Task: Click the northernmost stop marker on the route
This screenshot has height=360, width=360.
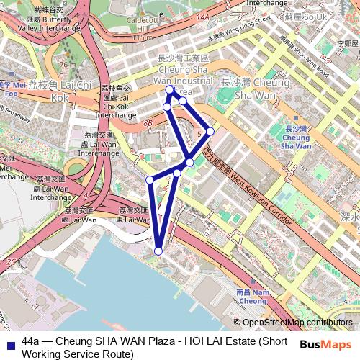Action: pyautogui.click(x=170, y=91)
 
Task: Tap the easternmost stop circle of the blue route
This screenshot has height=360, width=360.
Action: pyautogui.click(x=210, y=131)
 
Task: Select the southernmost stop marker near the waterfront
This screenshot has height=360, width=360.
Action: pyautogui.click(x=158, y=251)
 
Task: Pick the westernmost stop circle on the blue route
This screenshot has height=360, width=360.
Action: pyautogui.click(x=150, y=179)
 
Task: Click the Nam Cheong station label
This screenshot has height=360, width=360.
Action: pyautogui.click(x=252, y=297)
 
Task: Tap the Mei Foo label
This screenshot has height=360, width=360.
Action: pyautogui.click(x=10, y=88)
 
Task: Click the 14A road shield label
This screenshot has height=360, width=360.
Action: pyautogui.click(x=203, y=15)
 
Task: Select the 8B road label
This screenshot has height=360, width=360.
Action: pyautogui.click(x=148, y=124)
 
